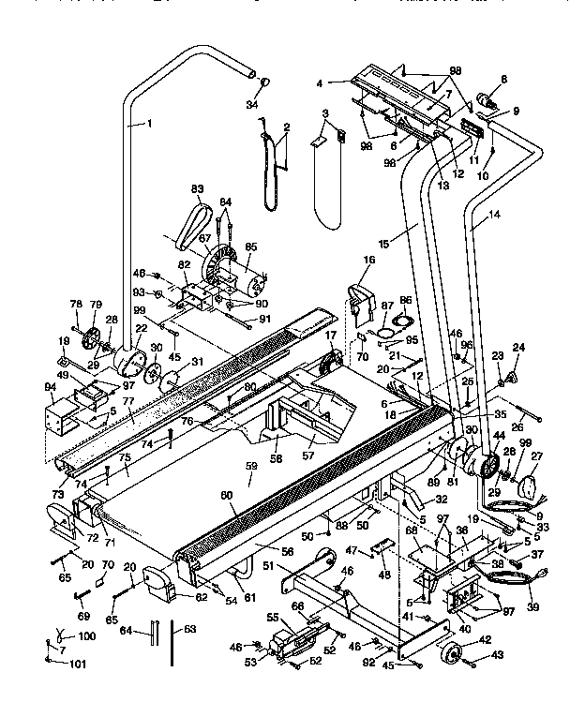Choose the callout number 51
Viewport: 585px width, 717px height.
[x=267, y=565]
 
